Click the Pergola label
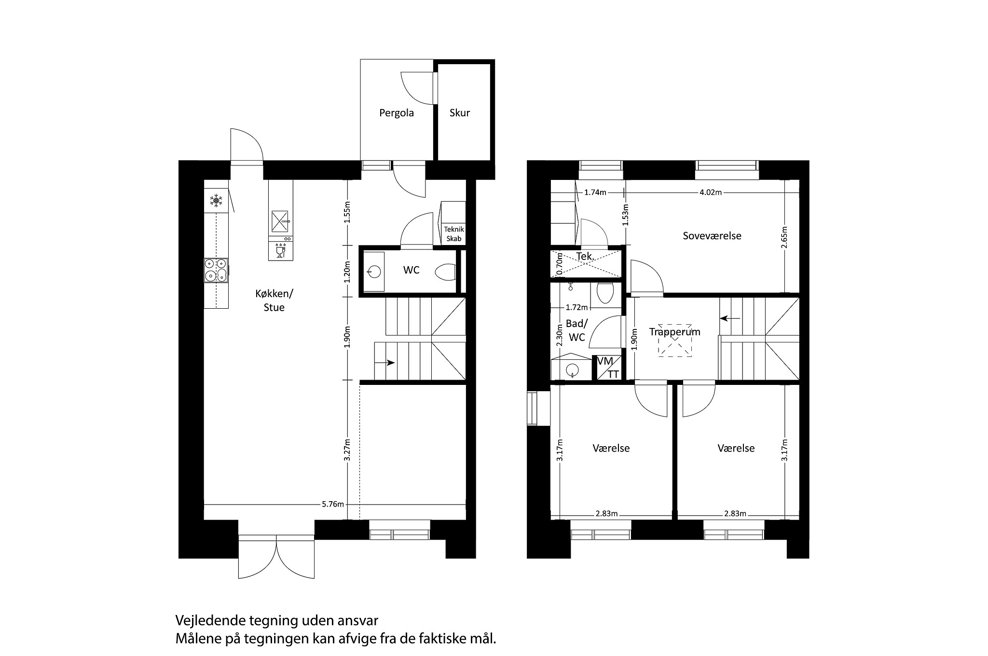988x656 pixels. click(x=397, y=113)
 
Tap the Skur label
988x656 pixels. click(x=459, y=113)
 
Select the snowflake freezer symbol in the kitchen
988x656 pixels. click(x=216, y=201)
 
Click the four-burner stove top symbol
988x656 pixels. click(x=216, y=270)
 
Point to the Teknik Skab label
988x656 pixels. click(x=453, y=234)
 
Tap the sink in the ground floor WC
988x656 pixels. click(x=373, y=272)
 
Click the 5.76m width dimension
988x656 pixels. click(x=333, y=505)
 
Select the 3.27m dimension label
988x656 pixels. click(x=347, y=450)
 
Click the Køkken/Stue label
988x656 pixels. click(x=274, y=301)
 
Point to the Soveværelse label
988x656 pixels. click(x=712, y=236)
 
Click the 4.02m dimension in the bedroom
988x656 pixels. click(x=710, y=192)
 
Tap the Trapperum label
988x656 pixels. click(x=674, y=332)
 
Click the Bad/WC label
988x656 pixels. click(x=577, y=330)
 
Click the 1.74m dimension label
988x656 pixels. click(x=595, y=192)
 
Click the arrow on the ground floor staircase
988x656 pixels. click(x=389, y=363)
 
